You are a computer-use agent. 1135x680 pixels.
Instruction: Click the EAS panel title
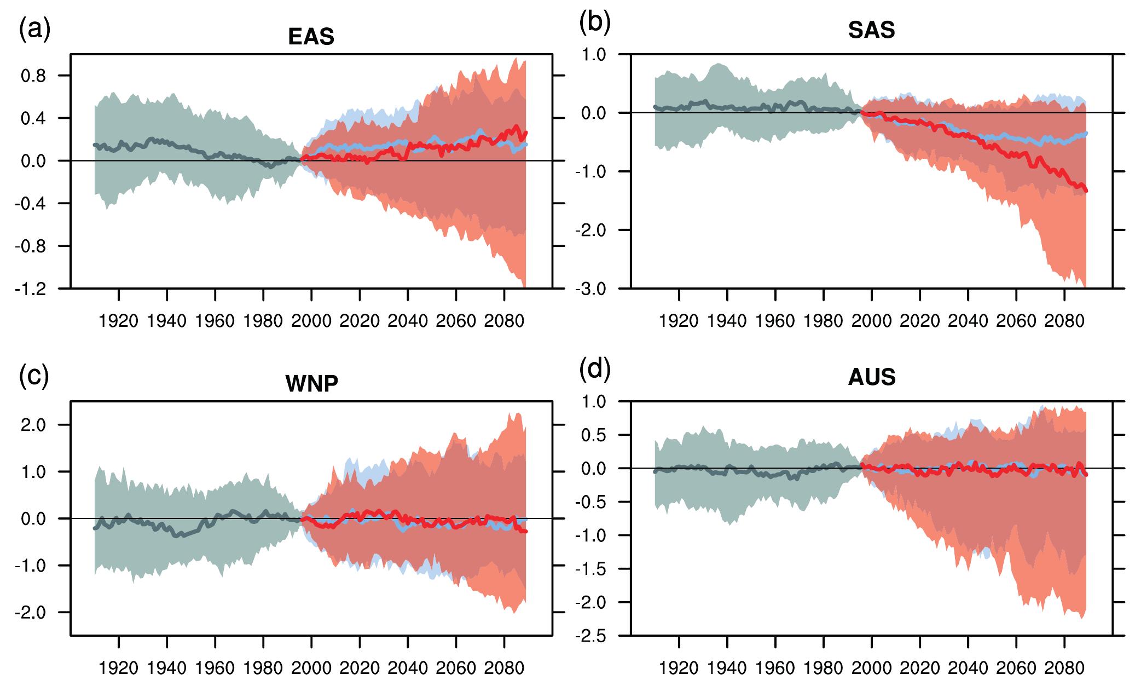pyautogui.click(x=311, y=37)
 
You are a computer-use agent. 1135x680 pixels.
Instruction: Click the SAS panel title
pyautogui.click(x=871, y=30)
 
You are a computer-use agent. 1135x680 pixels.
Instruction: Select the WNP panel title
pyautogui.click(x=311, y=384)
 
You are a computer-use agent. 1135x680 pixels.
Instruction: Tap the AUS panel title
pyautogui.click(x=871, y=377)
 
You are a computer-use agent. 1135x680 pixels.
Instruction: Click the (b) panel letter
pyautogui.click(x=594, y=22)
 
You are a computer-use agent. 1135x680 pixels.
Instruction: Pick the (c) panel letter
pyautogui.click(x=34, y=377)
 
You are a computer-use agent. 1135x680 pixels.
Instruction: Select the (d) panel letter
pyautogui.click(x=594, y=370)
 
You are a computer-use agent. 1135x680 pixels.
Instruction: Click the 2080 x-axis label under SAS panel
pyautogui.click(x=1064, y=320)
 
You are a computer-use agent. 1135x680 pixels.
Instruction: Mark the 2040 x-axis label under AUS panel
pyautogui.click(x=968, y=668)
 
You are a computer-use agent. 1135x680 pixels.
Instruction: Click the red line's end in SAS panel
pyautogui.click(x=1086, y=190)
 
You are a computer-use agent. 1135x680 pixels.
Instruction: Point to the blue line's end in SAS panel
pyautogui.click(x=1086, y=133)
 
